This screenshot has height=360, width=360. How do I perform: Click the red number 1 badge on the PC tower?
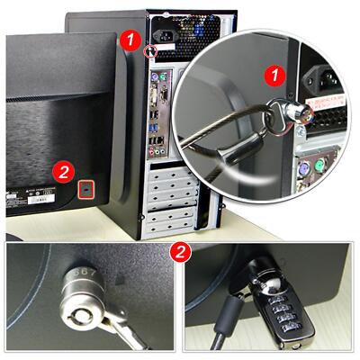(131, 40)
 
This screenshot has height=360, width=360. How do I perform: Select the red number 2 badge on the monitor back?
(62, 169)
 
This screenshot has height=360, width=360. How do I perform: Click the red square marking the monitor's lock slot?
(86, 189)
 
